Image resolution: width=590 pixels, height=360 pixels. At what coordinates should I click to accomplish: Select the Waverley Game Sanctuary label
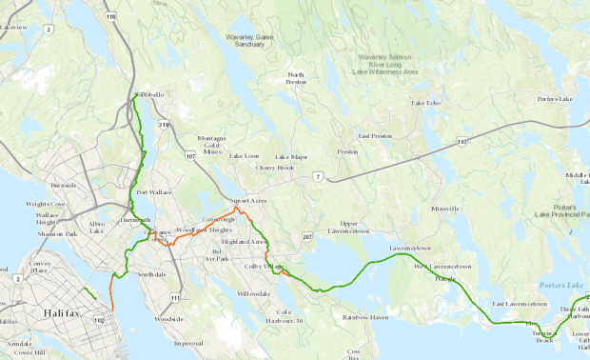click(257, 40)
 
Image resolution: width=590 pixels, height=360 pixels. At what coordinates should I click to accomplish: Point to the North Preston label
click(296, 79)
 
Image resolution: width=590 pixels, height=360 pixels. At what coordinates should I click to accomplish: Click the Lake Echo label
click(426, 103)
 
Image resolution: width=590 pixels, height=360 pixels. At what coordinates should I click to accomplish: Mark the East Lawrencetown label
click(519, 304)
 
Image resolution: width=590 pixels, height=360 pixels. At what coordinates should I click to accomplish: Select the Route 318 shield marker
click(163, 124)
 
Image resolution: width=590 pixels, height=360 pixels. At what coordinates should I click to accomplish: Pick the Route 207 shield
click(307, 235)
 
